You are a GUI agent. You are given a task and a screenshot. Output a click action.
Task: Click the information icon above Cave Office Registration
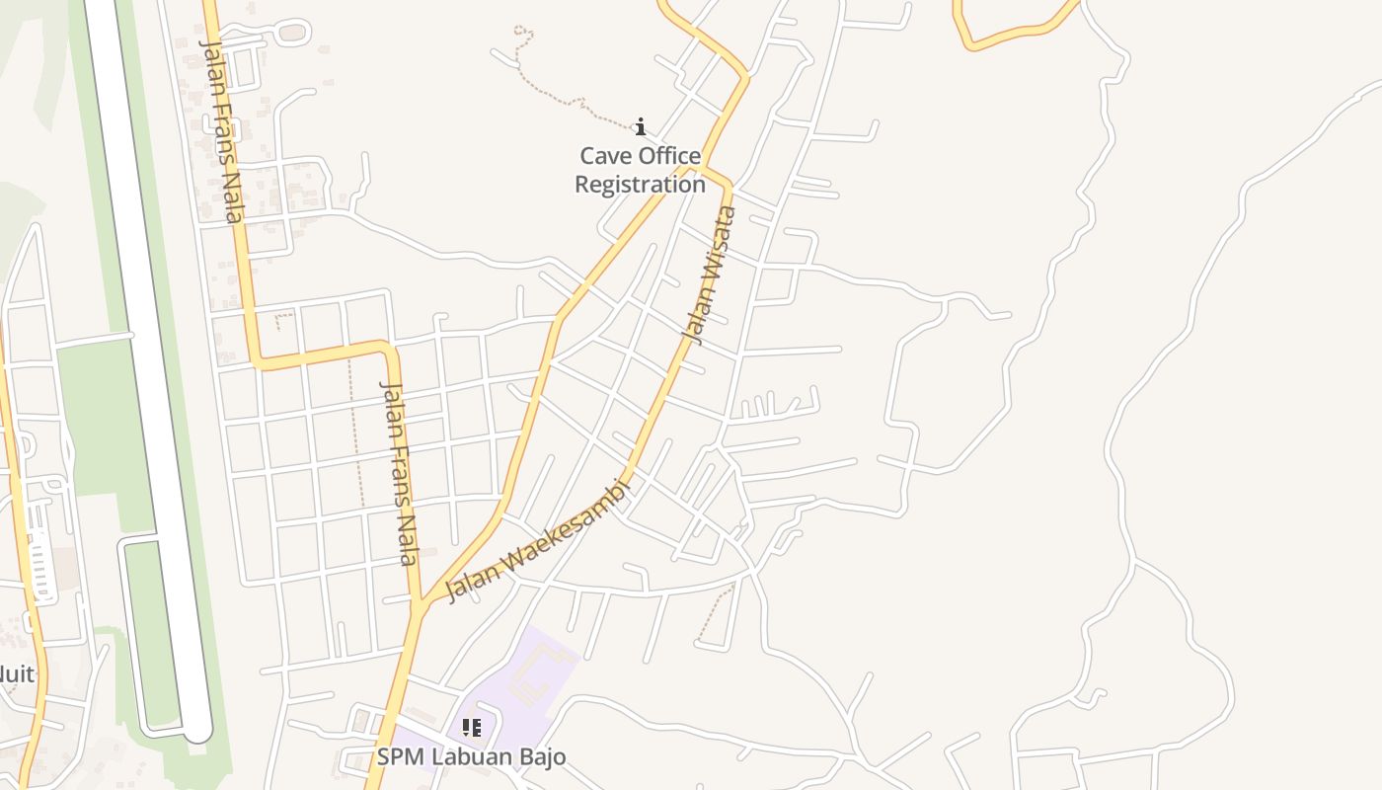pyautogui.click(x=641, y=126)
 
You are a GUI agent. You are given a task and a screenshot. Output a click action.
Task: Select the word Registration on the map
pyautogui.click(x=640, y=185)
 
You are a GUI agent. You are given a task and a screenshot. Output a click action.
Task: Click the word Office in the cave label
pyautogui.click(x=669, y=156)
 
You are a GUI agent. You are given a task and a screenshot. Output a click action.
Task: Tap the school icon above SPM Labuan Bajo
pyautogui.click(x=472, y=729)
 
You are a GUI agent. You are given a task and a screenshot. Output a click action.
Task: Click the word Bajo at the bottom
pyautogui.click(x=544, y=757)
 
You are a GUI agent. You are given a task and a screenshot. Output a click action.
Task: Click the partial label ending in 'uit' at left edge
pyautogui.click(x=16, y=674)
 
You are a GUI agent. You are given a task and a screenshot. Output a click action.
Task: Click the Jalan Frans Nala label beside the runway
pyautogui.click(x=221, y=128)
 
